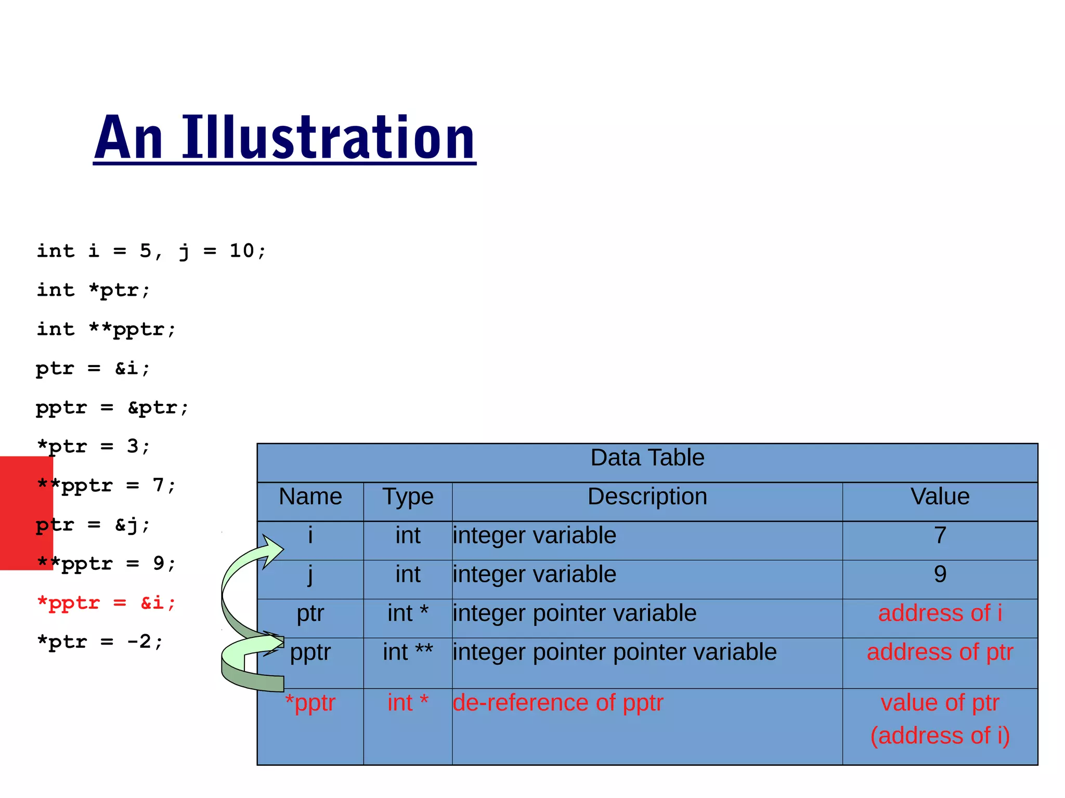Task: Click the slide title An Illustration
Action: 284,137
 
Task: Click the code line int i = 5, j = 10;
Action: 151,251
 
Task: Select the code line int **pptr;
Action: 106,329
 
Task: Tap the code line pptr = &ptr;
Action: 112,408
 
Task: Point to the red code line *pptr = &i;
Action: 106,603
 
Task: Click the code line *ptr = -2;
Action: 100,642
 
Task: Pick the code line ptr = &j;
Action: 93,525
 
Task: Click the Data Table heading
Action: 647,458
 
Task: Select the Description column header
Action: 647,497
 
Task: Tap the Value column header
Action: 940,497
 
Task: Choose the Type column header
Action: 408,497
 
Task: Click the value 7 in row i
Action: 940,536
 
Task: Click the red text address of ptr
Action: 940,652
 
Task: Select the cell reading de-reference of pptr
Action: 558,703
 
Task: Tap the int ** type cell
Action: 408,652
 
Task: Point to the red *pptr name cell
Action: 310,703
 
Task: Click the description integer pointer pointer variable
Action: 615,652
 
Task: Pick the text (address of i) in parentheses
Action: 940,736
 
